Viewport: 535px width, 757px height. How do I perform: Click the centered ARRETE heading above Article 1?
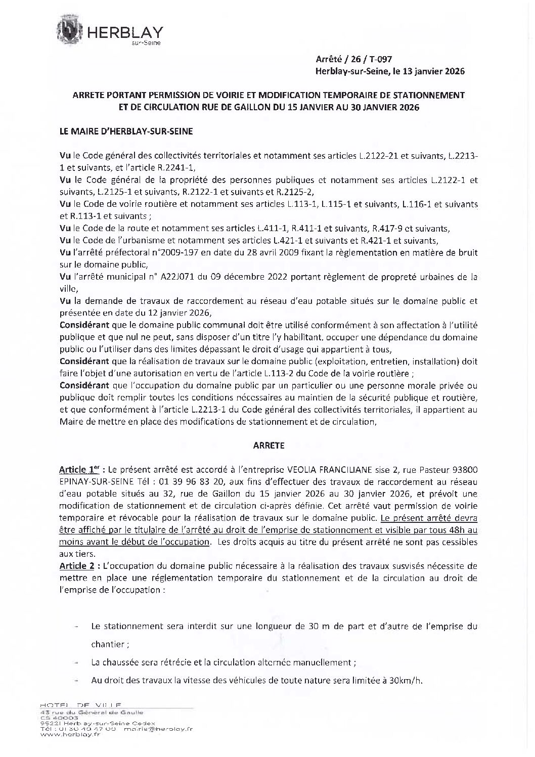click(x=268, y=446)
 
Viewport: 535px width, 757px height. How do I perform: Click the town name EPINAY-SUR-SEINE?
click(x=89, y=481)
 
